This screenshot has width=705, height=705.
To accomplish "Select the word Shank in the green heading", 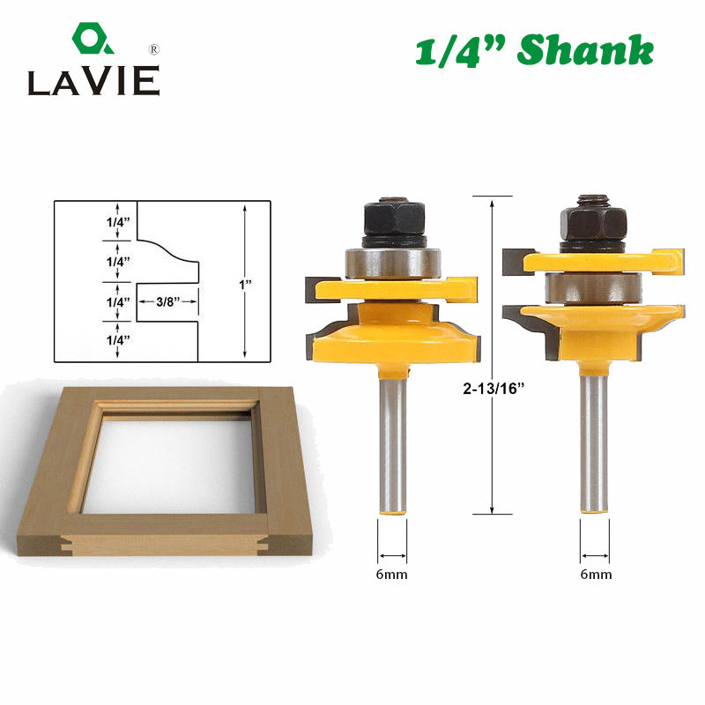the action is click(585, 50).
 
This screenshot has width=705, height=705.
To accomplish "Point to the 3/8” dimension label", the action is click(167, 301).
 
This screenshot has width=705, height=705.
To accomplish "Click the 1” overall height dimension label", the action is click(245, 284).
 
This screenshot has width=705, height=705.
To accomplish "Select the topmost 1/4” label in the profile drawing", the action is click(118, 222).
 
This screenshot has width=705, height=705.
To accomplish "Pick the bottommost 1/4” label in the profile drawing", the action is click(118, 340).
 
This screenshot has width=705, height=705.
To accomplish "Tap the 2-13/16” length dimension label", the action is click(493, 388).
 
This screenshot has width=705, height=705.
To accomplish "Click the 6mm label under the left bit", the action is click(391, 575).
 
